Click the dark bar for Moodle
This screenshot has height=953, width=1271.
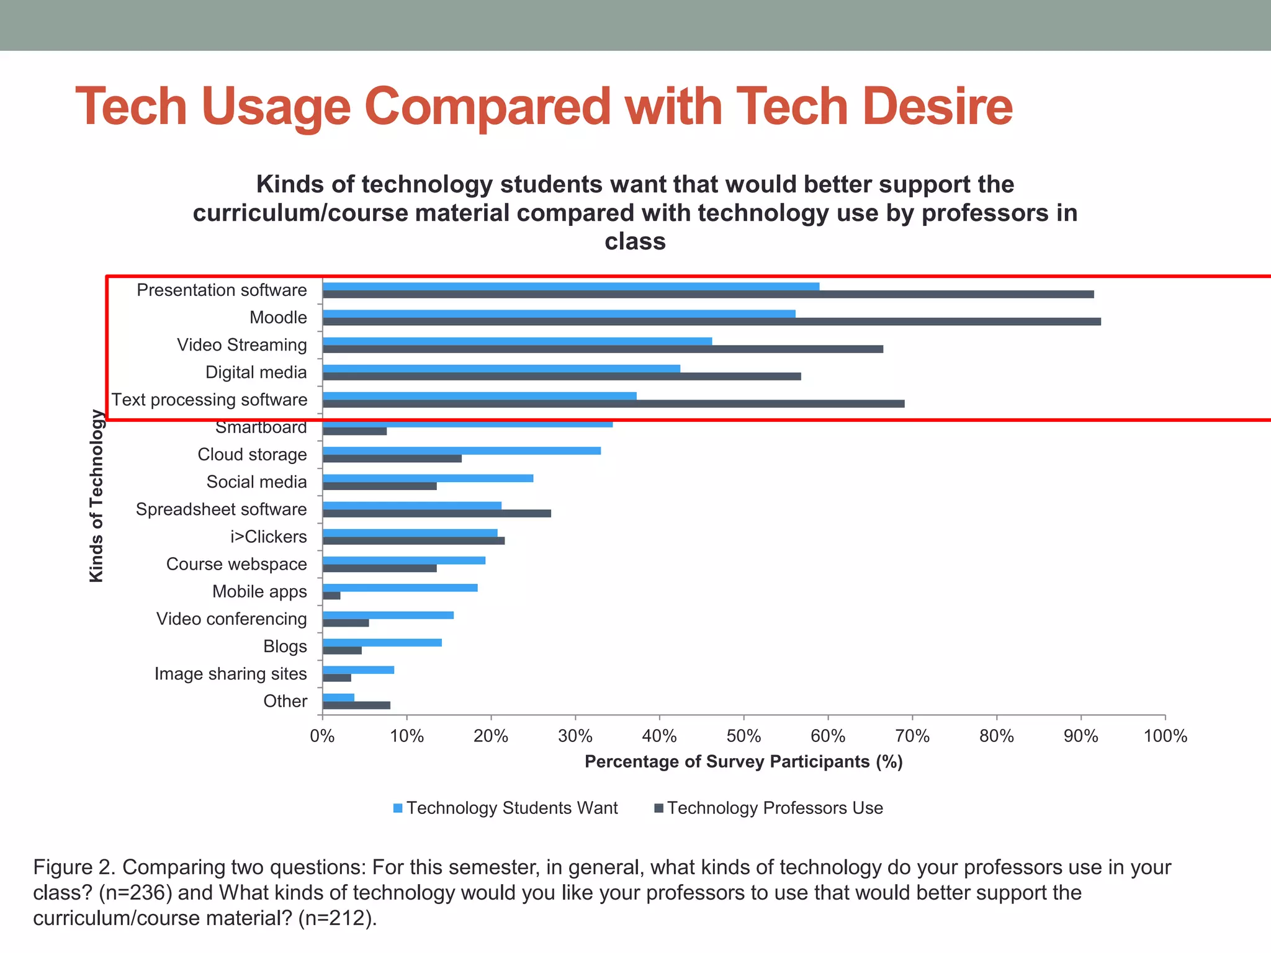pos(711,321)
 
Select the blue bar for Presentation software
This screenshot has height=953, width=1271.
pos(571,286)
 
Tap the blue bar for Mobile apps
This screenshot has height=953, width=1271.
pos(400,588)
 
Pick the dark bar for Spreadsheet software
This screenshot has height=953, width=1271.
pos(437,513)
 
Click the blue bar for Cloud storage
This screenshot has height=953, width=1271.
pos(462,450)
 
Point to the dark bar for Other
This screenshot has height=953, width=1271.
pos(357,705)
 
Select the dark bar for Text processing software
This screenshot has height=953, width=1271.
pos(613,404)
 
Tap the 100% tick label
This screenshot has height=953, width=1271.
pos(1165,736)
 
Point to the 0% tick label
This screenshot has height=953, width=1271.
pos(322,736)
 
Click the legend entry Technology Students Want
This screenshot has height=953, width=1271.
pos(506,808)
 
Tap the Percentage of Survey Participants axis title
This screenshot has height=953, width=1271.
pos(743,762)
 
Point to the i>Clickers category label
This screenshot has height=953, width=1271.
pos(269,537)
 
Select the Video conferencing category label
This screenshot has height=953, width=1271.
pos(231,619)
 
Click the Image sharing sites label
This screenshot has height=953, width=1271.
pos(231,674)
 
